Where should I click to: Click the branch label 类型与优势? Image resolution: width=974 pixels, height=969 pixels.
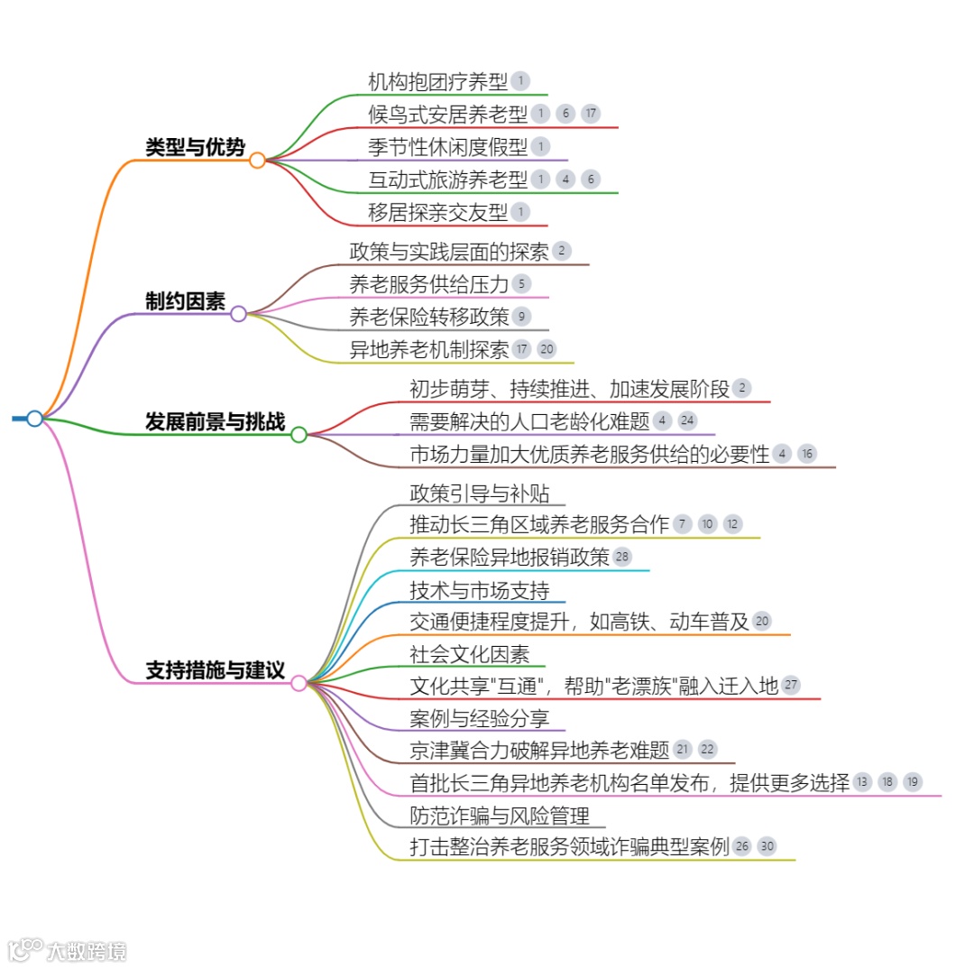pos(195,147)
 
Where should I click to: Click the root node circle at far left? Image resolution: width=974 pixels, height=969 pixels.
pos(34,419)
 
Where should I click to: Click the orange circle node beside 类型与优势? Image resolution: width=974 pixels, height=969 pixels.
pos(257,161)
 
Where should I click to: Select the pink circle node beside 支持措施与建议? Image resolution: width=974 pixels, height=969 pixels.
pos(299,683)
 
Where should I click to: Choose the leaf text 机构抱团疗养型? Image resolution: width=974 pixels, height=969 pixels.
pos(437,81)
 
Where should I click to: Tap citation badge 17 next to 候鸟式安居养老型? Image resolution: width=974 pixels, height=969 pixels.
pos(590,114)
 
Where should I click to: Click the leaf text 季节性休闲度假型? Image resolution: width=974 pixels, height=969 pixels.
pos(447,146)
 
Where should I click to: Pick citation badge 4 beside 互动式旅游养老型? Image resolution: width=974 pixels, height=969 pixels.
pos(565,179)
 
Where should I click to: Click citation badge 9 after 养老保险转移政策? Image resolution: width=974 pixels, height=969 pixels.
pos(520,316)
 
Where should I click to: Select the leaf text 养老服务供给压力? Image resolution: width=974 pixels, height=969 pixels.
pos(428,283)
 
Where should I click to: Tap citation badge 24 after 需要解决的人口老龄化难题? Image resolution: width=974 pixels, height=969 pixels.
pos(687,420)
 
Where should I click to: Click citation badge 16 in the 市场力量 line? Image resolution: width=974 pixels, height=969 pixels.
pos(807,454)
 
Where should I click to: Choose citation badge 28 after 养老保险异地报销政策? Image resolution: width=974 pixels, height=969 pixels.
pos(622,557)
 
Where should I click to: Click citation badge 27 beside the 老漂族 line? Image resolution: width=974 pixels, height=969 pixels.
pos(790,685)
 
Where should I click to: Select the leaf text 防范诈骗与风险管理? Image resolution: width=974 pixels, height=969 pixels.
pos(499,816)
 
